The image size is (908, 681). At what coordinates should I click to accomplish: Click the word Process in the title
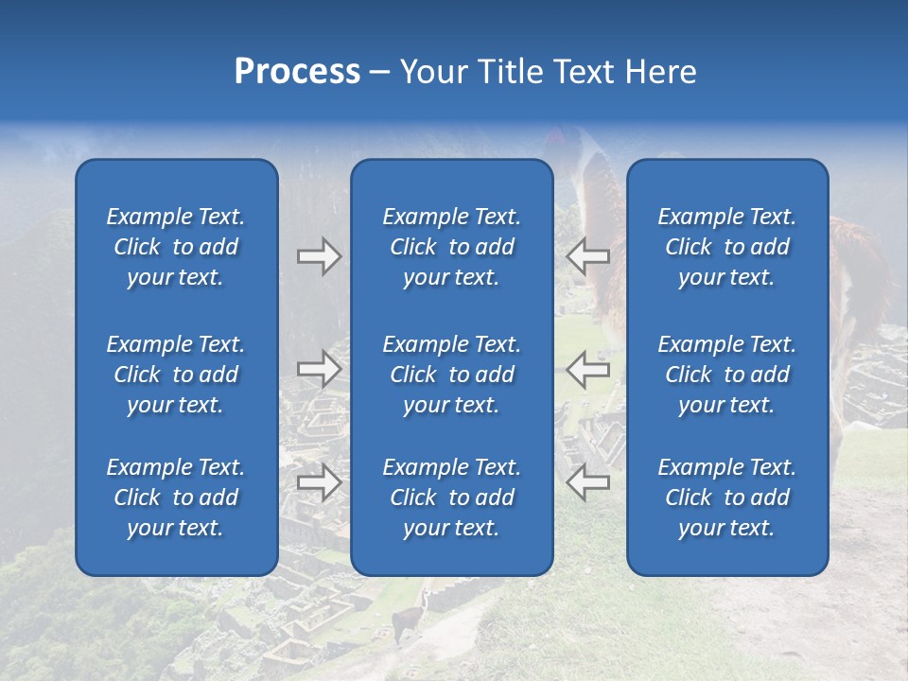[x=297, y=72]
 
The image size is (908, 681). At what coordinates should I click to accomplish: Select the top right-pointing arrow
[x=319, y=256]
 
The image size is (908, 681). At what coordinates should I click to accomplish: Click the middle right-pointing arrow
[x=319, y=368]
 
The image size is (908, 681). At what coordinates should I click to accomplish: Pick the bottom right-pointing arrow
[x=319, y=482]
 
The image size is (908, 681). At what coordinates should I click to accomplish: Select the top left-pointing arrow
[x=587, y=256]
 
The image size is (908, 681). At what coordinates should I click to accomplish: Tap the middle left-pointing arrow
[x=587, y=368]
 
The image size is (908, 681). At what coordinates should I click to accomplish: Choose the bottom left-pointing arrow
[x=587, y=482]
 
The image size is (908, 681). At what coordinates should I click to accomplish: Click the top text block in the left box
[x=176, y=247]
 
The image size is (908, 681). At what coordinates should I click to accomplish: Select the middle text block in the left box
[x=176, y=375]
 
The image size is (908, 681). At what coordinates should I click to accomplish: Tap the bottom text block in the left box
[x=176, y=498]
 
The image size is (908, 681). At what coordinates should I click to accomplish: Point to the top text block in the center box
[x=451, y=247]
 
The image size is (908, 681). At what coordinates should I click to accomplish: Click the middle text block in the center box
[x=451, y=375]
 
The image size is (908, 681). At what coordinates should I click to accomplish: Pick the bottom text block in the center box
[x=451, y=498]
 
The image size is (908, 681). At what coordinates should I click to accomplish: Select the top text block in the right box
[x=726, y=247]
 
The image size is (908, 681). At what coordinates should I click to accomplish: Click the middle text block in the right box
[x=726, y=375]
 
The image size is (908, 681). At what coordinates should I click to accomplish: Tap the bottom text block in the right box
[x=726, y=498]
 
